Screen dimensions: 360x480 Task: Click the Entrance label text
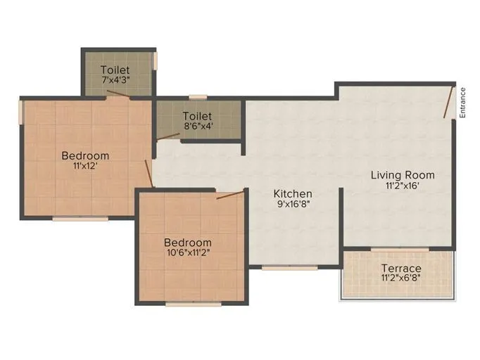click(x=462, y=102)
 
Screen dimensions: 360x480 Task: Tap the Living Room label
click(x=403, y=174)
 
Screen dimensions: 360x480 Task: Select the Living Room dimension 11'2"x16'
click(x=403, y=186)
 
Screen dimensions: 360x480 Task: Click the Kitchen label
click(x=293, y=193)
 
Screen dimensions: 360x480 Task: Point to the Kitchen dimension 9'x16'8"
click(x=293, y=205)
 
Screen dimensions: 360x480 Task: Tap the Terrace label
click(x=401, y=268)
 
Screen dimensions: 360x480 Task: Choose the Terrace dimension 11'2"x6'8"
click(x=401, y=278)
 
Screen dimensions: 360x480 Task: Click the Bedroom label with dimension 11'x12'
click(x=85, y=155)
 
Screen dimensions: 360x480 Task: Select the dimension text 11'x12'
click(x=85, y=167)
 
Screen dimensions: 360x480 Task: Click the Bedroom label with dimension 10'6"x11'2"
click(x=188, y=243)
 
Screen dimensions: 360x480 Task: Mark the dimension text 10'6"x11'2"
click(x=188, y=253)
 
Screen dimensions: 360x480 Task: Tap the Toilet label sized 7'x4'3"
click(x=115, y=70)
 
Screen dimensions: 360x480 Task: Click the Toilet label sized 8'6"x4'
click(x=197, y=115)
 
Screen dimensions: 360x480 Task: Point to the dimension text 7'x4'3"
click(x=115, y=80)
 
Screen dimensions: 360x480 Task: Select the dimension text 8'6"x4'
click(x=197, y=127)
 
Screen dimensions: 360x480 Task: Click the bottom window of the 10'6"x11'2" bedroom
click(x=193, y=304)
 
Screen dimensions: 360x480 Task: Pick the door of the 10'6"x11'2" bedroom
click(x=229, y=193)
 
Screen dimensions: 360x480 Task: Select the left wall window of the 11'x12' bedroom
click(x=22, y=112)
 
